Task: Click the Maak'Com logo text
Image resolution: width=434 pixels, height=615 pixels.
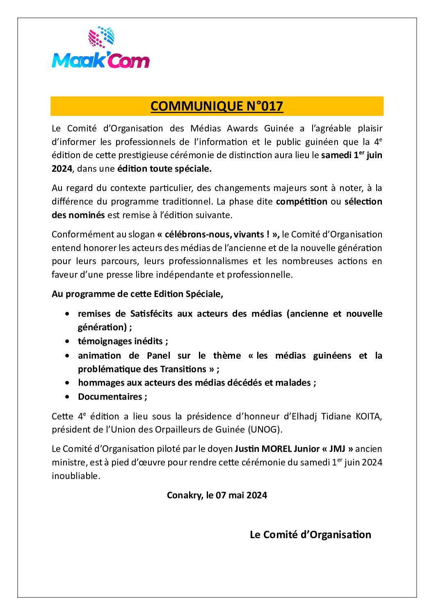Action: point(101,61)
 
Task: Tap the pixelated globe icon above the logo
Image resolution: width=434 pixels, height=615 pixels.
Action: point(101,37)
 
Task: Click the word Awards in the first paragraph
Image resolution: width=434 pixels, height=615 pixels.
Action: point(242,129)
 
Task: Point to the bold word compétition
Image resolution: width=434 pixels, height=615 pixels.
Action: point(302,202)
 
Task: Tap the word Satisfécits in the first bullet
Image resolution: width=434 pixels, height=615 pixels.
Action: point(151,314)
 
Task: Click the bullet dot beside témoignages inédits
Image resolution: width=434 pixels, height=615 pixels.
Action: point(67,341)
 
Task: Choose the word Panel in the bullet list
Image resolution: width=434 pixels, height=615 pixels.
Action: point(158,356)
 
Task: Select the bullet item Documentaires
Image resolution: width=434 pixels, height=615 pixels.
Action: point(110,397)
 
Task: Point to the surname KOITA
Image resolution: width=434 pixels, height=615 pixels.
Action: point(369,417)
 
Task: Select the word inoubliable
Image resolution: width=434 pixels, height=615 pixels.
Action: point(75,476)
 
